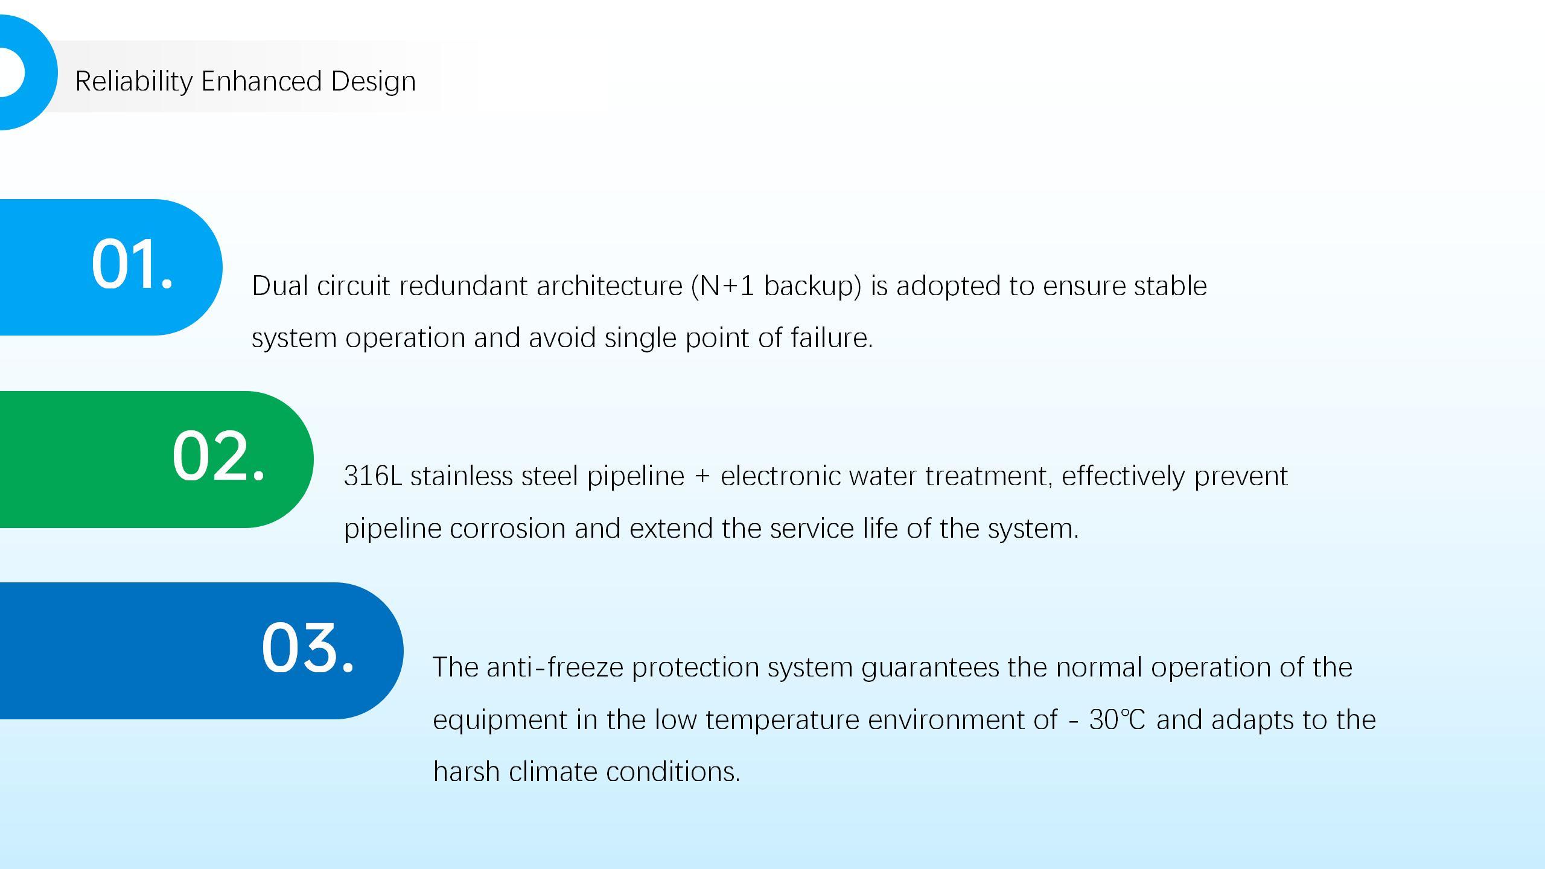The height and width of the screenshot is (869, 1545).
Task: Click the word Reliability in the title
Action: pyautogui.click(x=134, y=81)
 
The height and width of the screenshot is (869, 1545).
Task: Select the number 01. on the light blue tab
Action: pyautogui.click(x=132, y=263)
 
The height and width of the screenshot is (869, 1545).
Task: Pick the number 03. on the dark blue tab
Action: pyautogui.click(x=307, y=647)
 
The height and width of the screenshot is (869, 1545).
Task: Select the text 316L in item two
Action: pyautogui.click(x=373, y=476)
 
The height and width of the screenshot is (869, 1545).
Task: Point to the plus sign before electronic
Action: pyautogui.click(x=702, y=477)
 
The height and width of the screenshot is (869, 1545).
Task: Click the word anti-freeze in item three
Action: pyautogui.click(x=555, y=667)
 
